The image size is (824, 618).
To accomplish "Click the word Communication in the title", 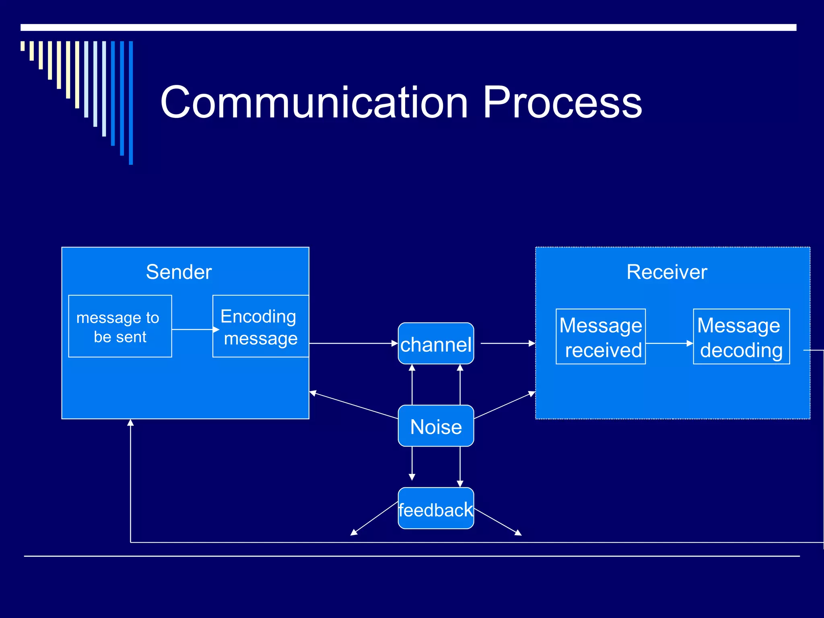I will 314,103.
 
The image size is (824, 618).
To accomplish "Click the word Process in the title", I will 562,103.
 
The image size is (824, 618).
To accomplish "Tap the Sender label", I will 179,272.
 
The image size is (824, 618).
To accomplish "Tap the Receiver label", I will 667,272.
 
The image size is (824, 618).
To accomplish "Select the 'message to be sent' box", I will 120,326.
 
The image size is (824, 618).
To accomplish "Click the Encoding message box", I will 260,326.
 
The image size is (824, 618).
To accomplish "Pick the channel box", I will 436,344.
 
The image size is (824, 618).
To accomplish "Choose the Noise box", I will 436,426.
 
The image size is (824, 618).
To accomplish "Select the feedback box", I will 436,509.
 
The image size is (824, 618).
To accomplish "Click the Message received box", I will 601,337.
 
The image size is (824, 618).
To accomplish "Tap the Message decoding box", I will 741,337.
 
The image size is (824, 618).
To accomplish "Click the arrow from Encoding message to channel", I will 353,343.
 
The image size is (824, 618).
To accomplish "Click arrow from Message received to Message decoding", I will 669,343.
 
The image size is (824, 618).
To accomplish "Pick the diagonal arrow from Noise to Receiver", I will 505,405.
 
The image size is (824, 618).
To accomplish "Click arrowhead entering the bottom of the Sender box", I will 130,422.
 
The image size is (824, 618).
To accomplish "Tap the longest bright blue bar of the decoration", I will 131,103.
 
